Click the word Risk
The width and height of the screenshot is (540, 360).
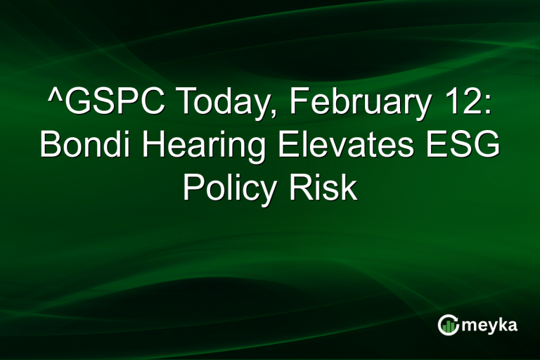326,188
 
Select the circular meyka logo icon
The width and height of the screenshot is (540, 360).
449,324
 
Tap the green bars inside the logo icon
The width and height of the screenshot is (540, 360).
449,326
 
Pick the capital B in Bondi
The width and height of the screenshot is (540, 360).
51,146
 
